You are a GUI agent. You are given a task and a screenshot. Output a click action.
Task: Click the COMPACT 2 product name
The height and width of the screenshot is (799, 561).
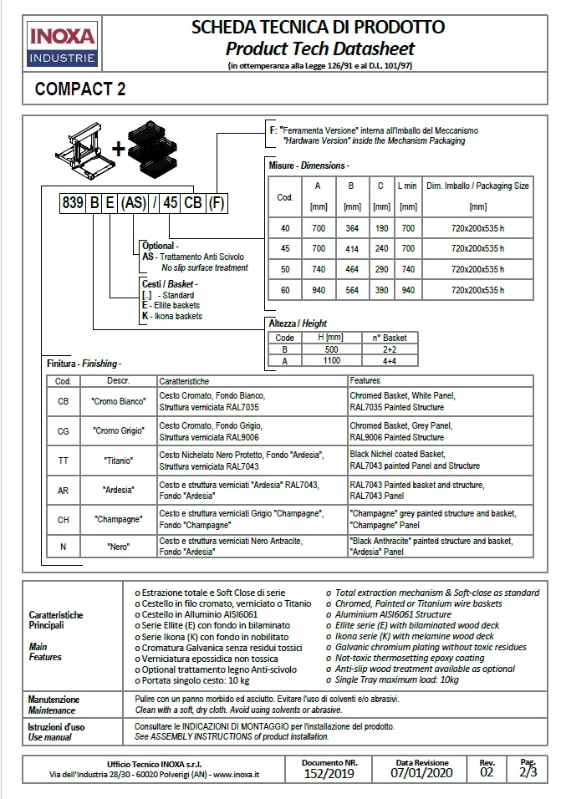coord(81,89)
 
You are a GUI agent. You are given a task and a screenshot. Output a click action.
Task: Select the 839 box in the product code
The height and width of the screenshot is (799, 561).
coord(72,203)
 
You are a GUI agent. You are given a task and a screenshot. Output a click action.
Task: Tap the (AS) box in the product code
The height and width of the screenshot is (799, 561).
coord(134,203)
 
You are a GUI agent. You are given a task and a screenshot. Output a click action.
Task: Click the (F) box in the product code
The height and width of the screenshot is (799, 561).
coord(216,203)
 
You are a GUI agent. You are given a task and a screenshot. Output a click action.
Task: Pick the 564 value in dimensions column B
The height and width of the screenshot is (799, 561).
coord(352,290)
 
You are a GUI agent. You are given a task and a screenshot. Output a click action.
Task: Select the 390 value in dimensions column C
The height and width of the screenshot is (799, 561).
coord(381,290)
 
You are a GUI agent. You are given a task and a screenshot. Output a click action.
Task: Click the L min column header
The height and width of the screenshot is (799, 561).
coord(407,186)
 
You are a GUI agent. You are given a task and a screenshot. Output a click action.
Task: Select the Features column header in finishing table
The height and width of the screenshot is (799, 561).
coord(365,380)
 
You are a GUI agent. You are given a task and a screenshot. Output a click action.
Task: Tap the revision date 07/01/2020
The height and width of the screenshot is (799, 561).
coord(421,775)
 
